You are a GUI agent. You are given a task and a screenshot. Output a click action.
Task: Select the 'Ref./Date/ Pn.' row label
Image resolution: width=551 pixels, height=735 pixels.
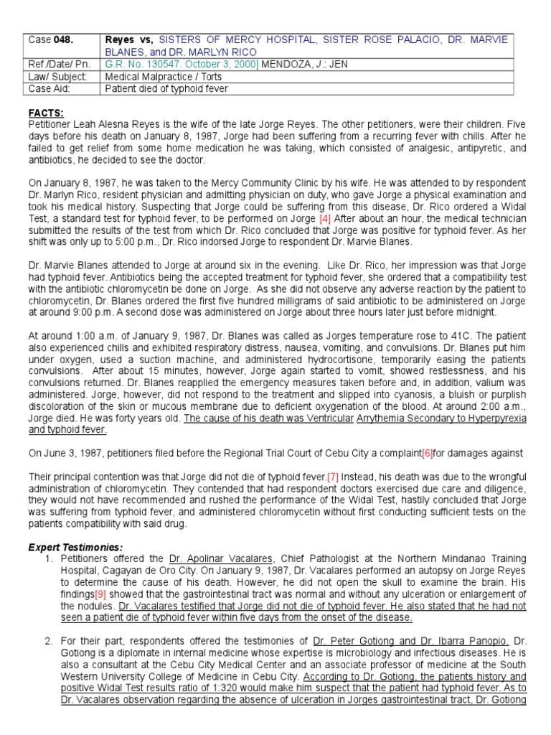click(x=58, y=64)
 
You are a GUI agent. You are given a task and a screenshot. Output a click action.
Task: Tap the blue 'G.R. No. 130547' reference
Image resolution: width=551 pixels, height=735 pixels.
click(x=142, y=64)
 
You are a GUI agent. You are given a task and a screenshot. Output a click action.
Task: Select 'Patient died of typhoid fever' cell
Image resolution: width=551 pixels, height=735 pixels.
click(x=166, y=88)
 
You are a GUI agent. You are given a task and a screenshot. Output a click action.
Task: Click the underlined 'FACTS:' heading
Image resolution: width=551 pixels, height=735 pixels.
click(x=46, y=113)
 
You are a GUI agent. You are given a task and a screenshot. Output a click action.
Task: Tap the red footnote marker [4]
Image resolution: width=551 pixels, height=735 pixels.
click(x=324, y=218)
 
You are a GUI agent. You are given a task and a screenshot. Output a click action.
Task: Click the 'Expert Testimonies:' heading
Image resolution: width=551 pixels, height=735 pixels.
click(x=75, y=547)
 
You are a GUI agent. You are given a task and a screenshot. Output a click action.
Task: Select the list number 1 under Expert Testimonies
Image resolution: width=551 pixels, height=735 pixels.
click(x=48, y=559)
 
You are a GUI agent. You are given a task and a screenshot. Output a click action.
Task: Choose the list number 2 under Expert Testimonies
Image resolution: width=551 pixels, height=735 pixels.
click(x=48, y=640)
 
